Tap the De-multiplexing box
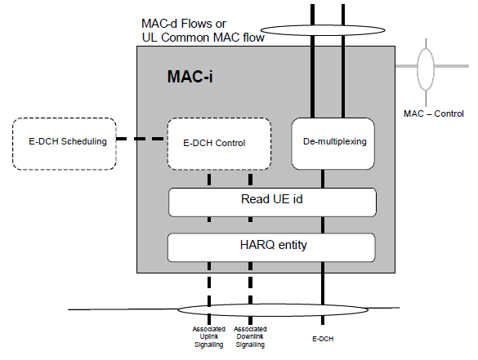pyautogui.click(x=333, y=144)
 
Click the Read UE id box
pyautogui.click(x=272, y=202)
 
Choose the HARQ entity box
pyautogui.click(x=271, y=247)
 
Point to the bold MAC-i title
pyautogui.click(x=190, y=76)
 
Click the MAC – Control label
pyautogui.click(x=434, y=113)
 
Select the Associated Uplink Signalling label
pyautogui.click(x=209, y=337)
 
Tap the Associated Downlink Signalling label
pyautogui.click(x=250, y=337)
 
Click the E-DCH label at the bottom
pyautogui.click(x=323, y=339)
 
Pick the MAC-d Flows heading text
pyautogui.click(x=184, y=24)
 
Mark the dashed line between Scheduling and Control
pyautogui.click(x=141, y=139)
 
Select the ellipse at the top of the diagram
pyautogui.click(x=323, y=26)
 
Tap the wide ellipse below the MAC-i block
pyautogui.click(x=273, y=304)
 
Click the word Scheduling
pyautogui.click(x=84, y=141)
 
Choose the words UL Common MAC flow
pyautogui.click(x=203, y=38)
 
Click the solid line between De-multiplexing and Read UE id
pyautogui.click(x=323, y=179)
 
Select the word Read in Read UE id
pyautogui.click(x=253, y=199)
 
